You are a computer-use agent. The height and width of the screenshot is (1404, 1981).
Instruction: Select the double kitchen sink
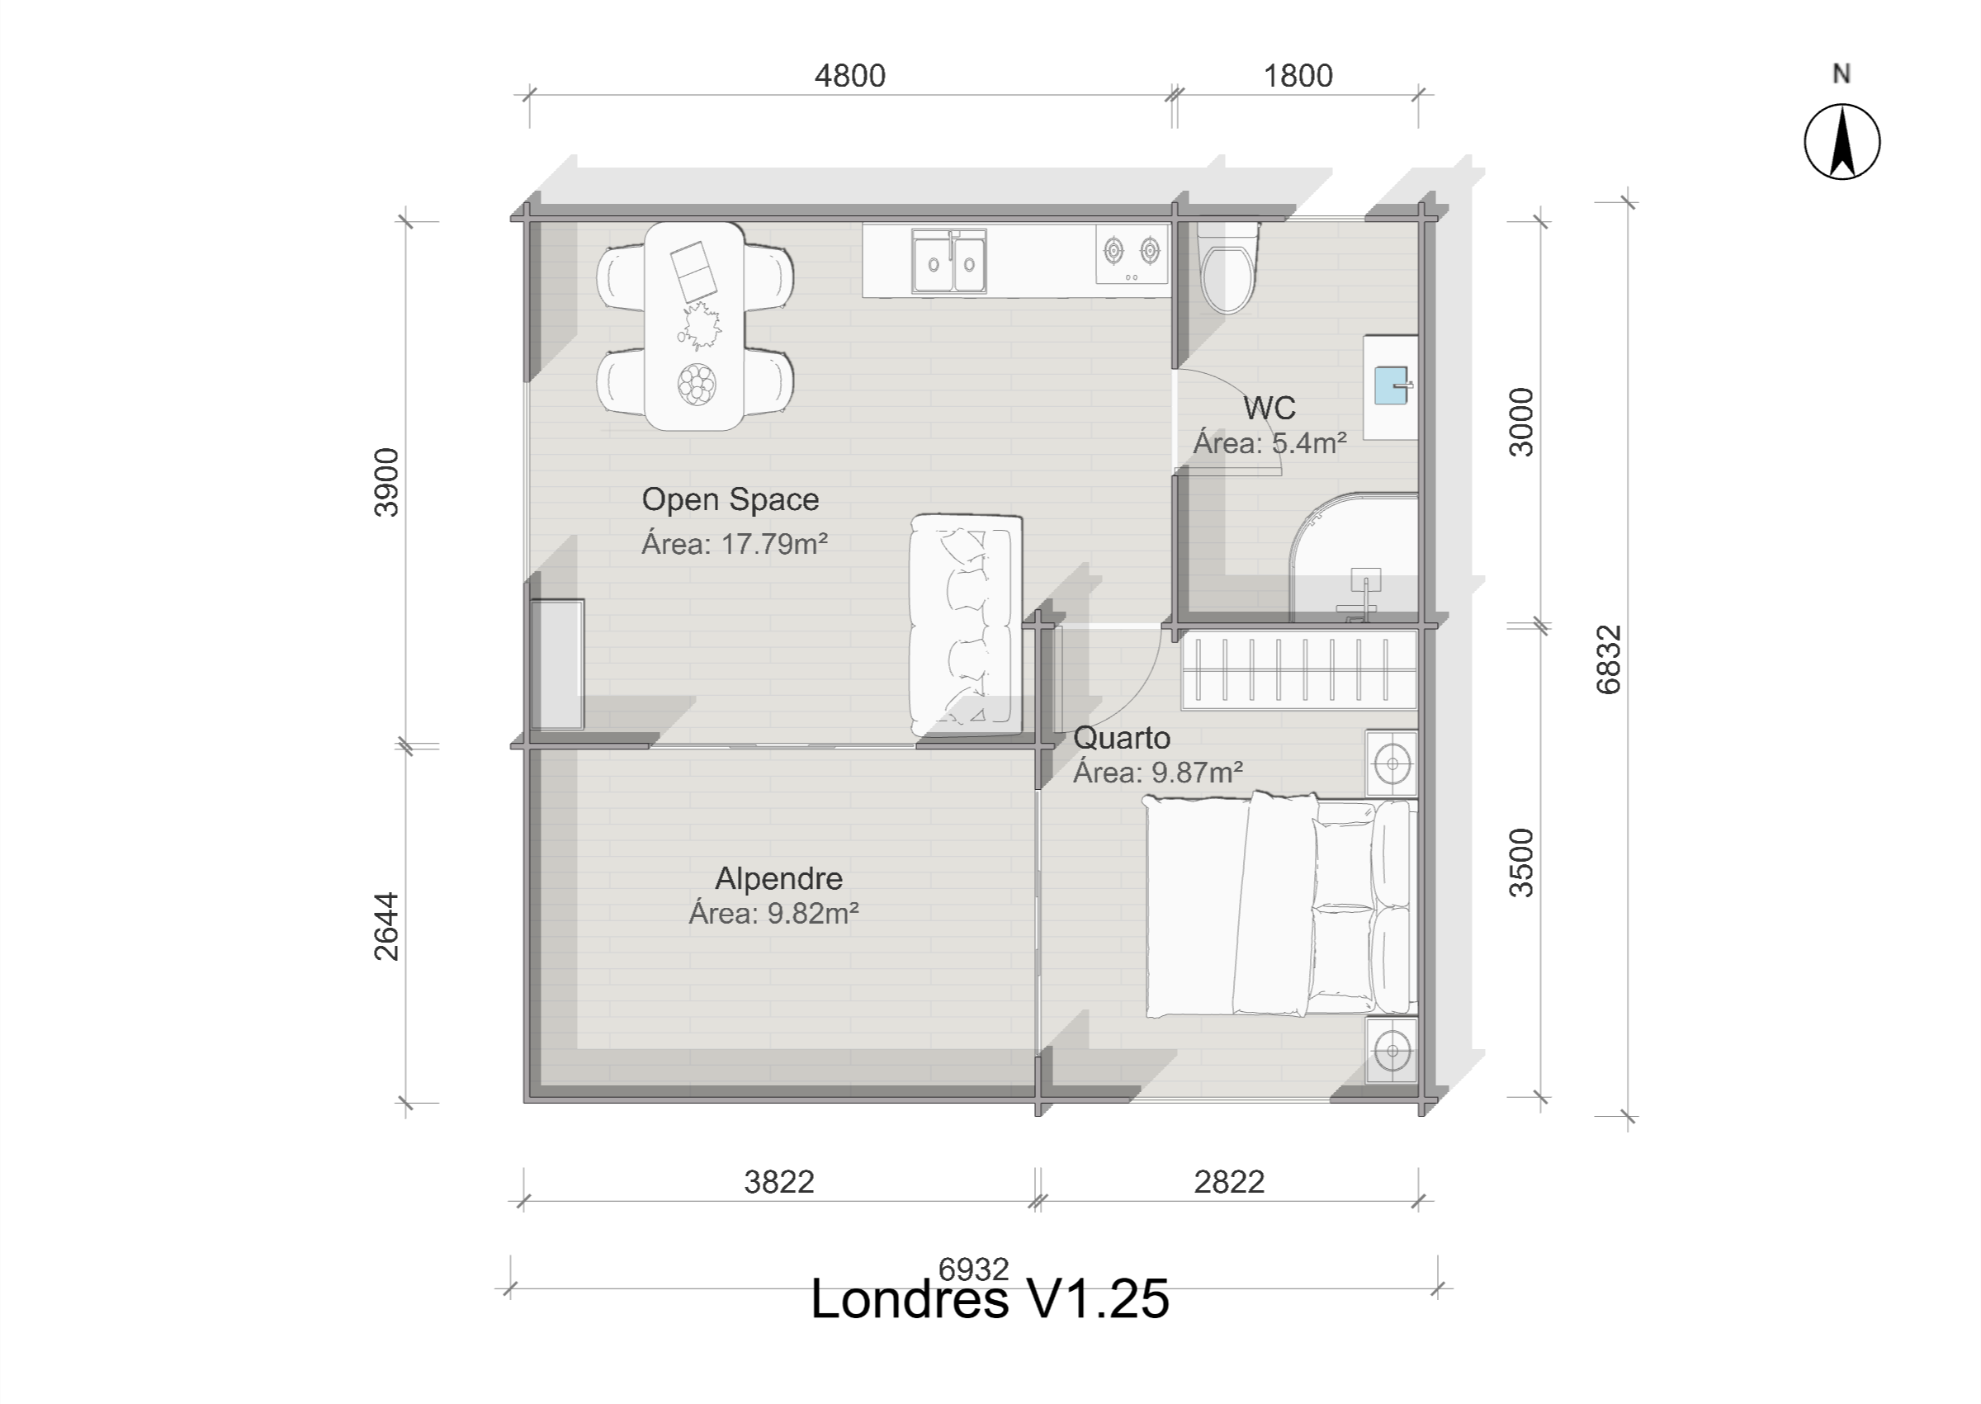pos(950,261)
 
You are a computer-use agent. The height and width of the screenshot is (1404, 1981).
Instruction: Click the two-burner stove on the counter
pos(1132,254)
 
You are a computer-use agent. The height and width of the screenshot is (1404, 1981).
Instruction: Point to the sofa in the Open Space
pos(966,625)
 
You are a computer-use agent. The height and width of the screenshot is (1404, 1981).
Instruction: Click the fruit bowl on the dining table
pos(697,382)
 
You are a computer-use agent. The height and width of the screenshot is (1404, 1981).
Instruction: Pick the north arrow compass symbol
pos(1842,142)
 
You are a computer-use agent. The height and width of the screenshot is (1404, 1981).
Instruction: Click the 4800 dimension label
pos(850,76)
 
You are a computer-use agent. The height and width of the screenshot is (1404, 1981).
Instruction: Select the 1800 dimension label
pos(1298,76)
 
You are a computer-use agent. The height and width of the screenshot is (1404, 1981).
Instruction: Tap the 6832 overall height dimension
pos(1609,659)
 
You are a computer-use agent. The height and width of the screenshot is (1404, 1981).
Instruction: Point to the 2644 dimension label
pos(386,927)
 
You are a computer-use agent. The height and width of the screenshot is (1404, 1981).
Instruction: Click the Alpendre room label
pos(778,878)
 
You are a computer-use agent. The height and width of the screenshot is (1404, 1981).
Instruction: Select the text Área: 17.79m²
pos(735,544)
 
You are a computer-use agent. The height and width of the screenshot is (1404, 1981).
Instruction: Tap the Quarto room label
pos(1122,738)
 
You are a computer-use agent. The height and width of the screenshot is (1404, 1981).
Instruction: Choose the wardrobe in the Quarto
pos(1299,669)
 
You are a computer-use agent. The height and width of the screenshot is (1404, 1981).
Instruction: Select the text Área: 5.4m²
pos(1269,443)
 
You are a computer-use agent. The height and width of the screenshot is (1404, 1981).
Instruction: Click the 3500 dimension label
pos(1521,863)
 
